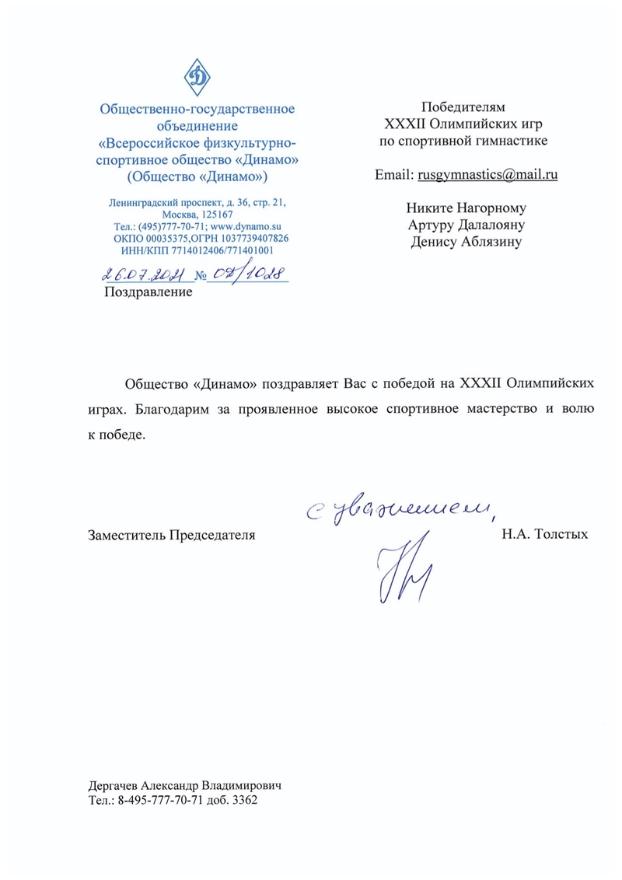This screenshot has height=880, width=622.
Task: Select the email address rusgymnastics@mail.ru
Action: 488,175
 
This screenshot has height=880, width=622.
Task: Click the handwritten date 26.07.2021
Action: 142,274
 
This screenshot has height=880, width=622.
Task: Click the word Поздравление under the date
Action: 148,292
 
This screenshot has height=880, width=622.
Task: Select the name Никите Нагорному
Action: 466,208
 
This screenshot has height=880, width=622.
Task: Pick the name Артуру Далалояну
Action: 466,225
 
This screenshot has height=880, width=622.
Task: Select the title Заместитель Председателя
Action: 173,535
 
